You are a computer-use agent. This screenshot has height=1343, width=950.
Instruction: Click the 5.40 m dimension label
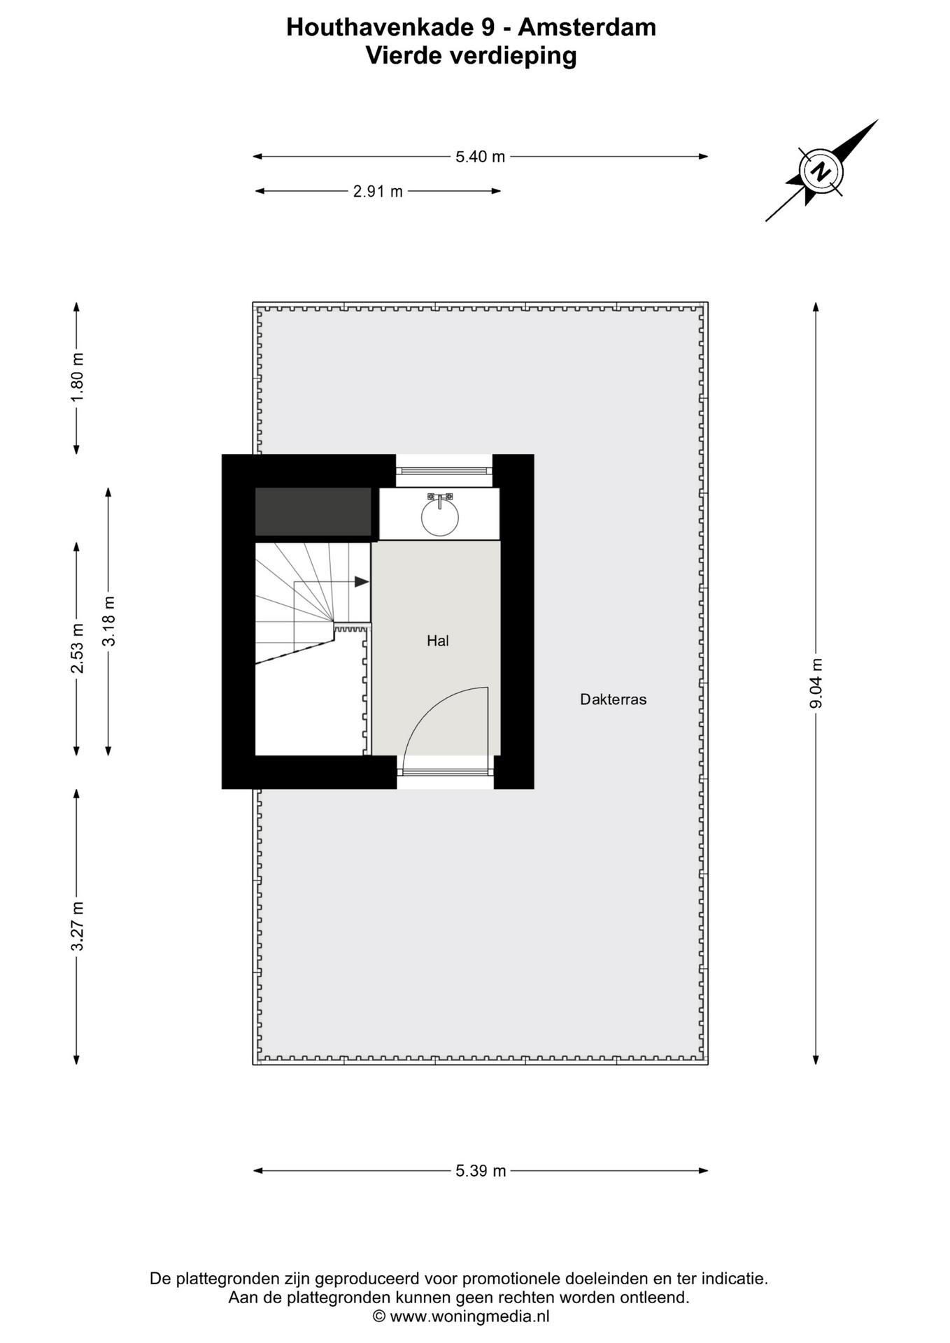click(x=480, y=157)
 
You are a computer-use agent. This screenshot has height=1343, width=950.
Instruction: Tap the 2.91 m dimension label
click(x=378, y=191)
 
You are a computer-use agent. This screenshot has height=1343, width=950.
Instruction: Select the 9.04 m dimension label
click(x=816, y=683)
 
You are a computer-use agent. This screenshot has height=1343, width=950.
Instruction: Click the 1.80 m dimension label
click(x=77, y=376)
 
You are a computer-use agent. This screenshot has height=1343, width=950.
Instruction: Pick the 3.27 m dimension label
click(x=77, y=926)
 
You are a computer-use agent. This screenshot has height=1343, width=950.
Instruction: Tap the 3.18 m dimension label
click(x=108, y=622)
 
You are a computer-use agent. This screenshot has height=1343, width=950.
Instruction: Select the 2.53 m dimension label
click(x=77, y=648)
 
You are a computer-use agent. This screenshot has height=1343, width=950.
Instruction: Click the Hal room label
click(x=438, y=641)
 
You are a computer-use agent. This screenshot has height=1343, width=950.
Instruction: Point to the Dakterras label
click(x=614, y=699)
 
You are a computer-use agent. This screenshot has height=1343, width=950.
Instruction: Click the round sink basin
click(x=440, y=518)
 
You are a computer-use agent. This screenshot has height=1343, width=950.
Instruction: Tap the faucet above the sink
click(x=440, y=499)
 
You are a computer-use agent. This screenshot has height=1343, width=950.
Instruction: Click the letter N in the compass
click(x=821, y=170)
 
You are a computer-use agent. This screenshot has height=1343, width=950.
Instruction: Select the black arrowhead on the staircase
click(x=362, y=582)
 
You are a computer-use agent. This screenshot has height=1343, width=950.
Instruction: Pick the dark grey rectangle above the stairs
click(x=313, y=512)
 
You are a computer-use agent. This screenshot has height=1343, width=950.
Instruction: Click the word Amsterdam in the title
click(x=587, y=27)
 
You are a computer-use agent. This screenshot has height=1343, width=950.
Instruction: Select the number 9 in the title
click(x=487, y=27)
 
